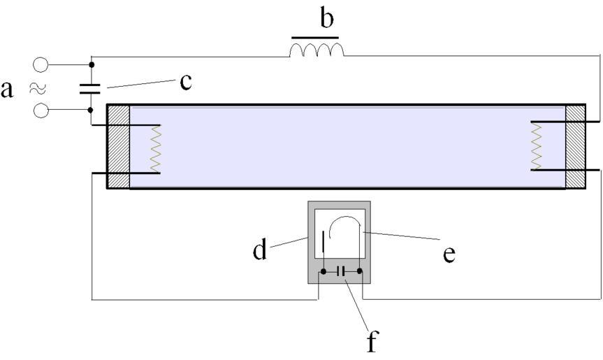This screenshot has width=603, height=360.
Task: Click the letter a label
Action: pos(8,89)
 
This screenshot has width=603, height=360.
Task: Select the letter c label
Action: pos(185,82)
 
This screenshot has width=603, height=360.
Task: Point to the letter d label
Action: pos(260,250)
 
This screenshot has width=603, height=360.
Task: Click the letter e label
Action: pos(449,254)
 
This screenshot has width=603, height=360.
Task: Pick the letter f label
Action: pos(372,343)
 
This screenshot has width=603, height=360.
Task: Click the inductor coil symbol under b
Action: pos(317,49)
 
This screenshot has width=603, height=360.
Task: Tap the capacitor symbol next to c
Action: pos(92,87)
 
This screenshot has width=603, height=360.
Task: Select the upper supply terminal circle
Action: pos(41,65)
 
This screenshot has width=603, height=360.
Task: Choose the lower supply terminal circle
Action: pos(41,110)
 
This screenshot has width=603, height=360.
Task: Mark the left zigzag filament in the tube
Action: pos(156,147)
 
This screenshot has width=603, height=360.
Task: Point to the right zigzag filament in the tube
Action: pos(537,145)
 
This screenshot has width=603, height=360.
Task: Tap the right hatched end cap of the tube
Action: pos(575,146)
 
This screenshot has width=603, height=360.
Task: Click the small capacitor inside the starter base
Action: pos(342,271)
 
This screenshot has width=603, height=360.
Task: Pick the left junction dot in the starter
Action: pos(323,271)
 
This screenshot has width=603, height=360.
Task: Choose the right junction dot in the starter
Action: pos(360,271)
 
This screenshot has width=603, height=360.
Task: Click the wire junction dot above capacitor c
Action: pos(92,65)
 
